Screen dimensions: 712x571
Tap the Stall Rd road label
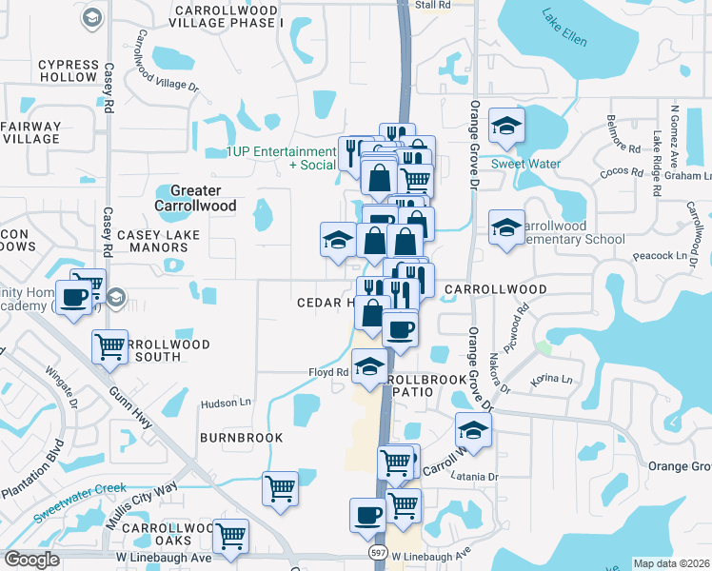pyautogui.click(x=433, y=6)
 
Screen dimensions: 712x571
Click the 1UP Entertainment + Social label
pyautogui.click(x=281, y=158)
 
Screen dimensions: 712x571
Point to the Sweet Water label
pyautogui.click(x=525, y=164)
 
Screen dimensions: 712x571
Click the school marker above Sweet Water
pyautogui.click(x=507, y=126)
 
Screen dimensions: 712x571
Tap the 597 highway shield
pyautogui.click(x=378, y=553)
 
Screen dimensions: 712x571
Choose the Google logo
pyautogui.click(x=31, y=560)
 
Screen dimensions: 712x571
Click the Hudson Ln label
pyautogui.click(x=225, y=404)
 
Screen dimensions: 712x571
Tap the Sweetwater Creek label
pyautogui.click(x=79, y=502)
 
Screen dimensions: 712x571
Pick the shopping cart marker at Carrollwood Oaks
pyautogui.click(x=230, y=536)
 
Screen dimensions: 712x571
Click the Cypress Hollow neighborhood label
pyautogui.click(x=68, y=71)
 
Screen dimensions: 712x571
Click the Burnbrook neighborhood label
pyautogui.click(x=241, y=438)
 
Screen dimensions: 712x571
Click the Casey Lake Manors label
pyautogui.click(x=152, y=241)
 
